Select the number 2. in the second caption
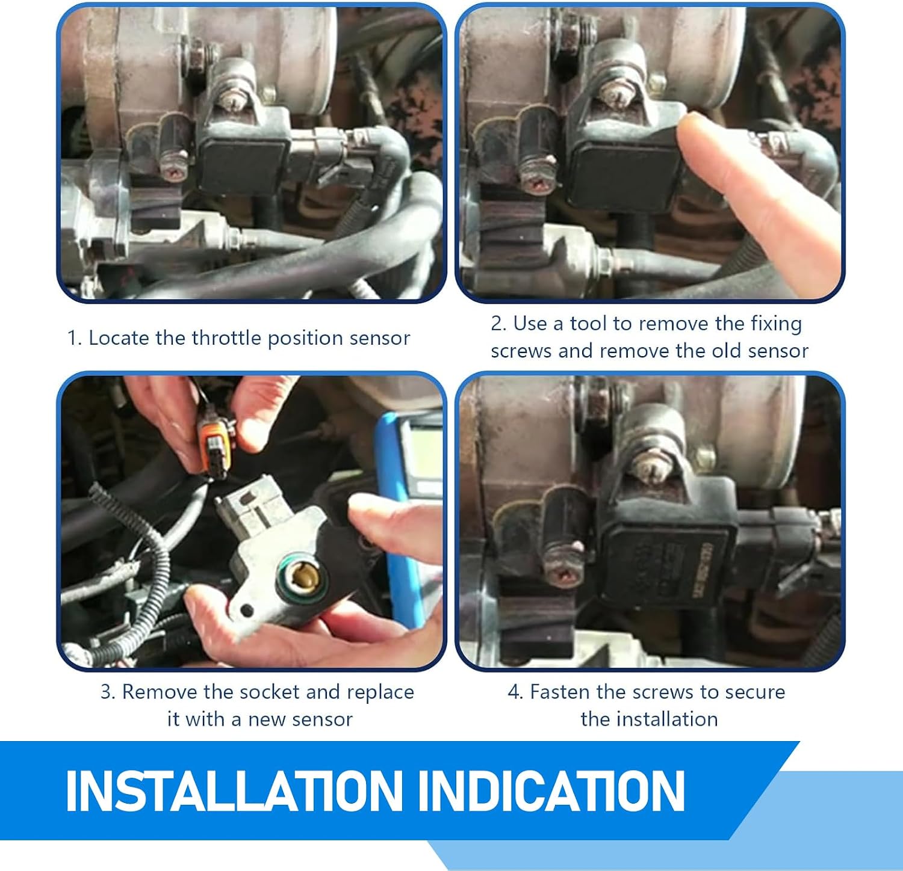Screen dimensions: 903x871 (x=499, y=324)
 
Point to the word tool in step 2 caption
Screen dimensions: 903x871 (x=588, y=324)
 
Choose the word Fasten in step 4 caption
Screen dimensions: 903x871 (x=559, y=692)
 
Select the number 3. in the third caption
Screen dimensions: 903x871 (x=108, y=692)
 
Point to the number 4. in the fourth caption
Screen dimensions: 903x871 (x=515, y=692)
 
